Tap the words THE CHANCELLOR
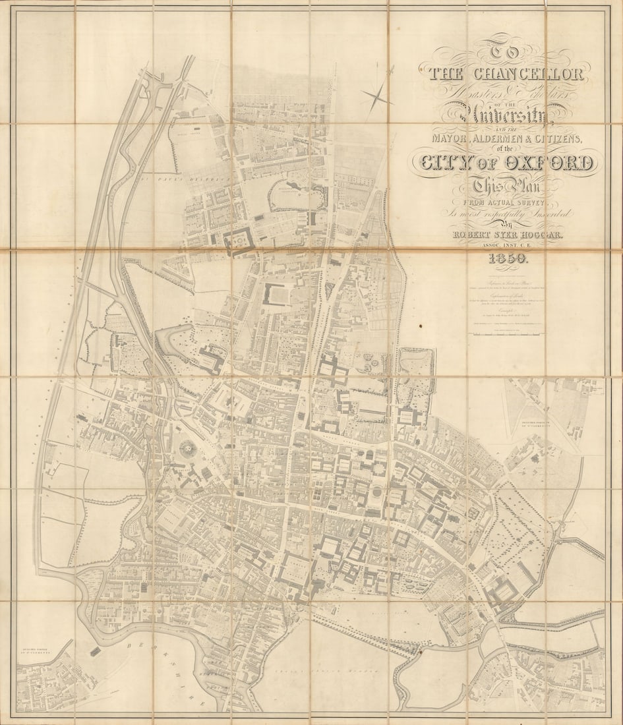(506, 74)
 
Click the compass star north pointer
(378, 95)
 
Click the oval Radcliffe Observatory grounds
(298, 195)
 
